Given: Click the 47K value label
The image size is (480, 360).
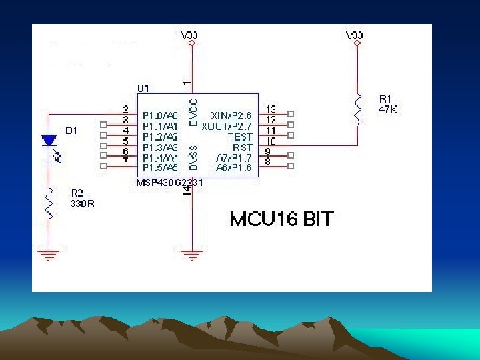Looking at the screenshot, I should click(388, 110).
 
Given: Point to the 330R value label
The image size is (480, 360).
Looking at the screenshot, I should click(82, 204).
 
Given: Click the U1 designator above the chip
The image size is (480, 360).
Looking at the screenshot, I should click(143, 88).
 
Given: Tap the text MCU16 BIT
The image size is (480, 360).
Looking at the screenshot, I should click(281, 219).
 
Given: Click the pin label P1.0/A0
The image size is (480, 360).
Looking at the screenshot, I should click(160, 115).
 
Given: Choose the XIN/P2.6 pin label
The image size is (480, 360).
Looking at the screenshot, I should click(231, 115).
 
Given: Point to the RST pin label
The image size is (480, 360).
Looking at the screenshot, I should click(241, 147).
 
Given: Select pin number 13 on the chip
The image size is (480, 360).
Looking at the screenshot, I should click(271, 109).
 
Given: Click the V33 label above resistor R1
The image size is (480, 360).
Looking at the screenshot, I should click(355, 34).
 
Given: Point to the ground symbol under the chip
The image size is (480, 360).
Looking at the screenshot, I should click(192, 254).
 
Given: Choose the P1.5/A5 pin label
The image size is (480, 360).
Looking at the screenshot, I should click(160, 168).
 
